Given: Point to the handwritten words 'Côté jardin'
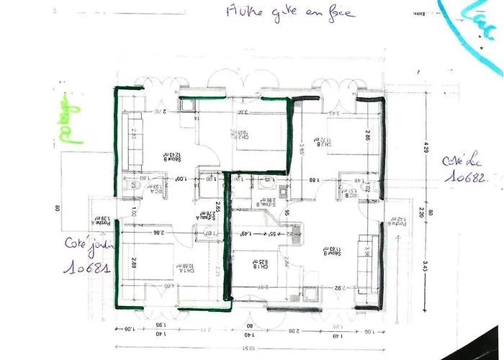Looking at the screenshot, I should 86,245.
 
